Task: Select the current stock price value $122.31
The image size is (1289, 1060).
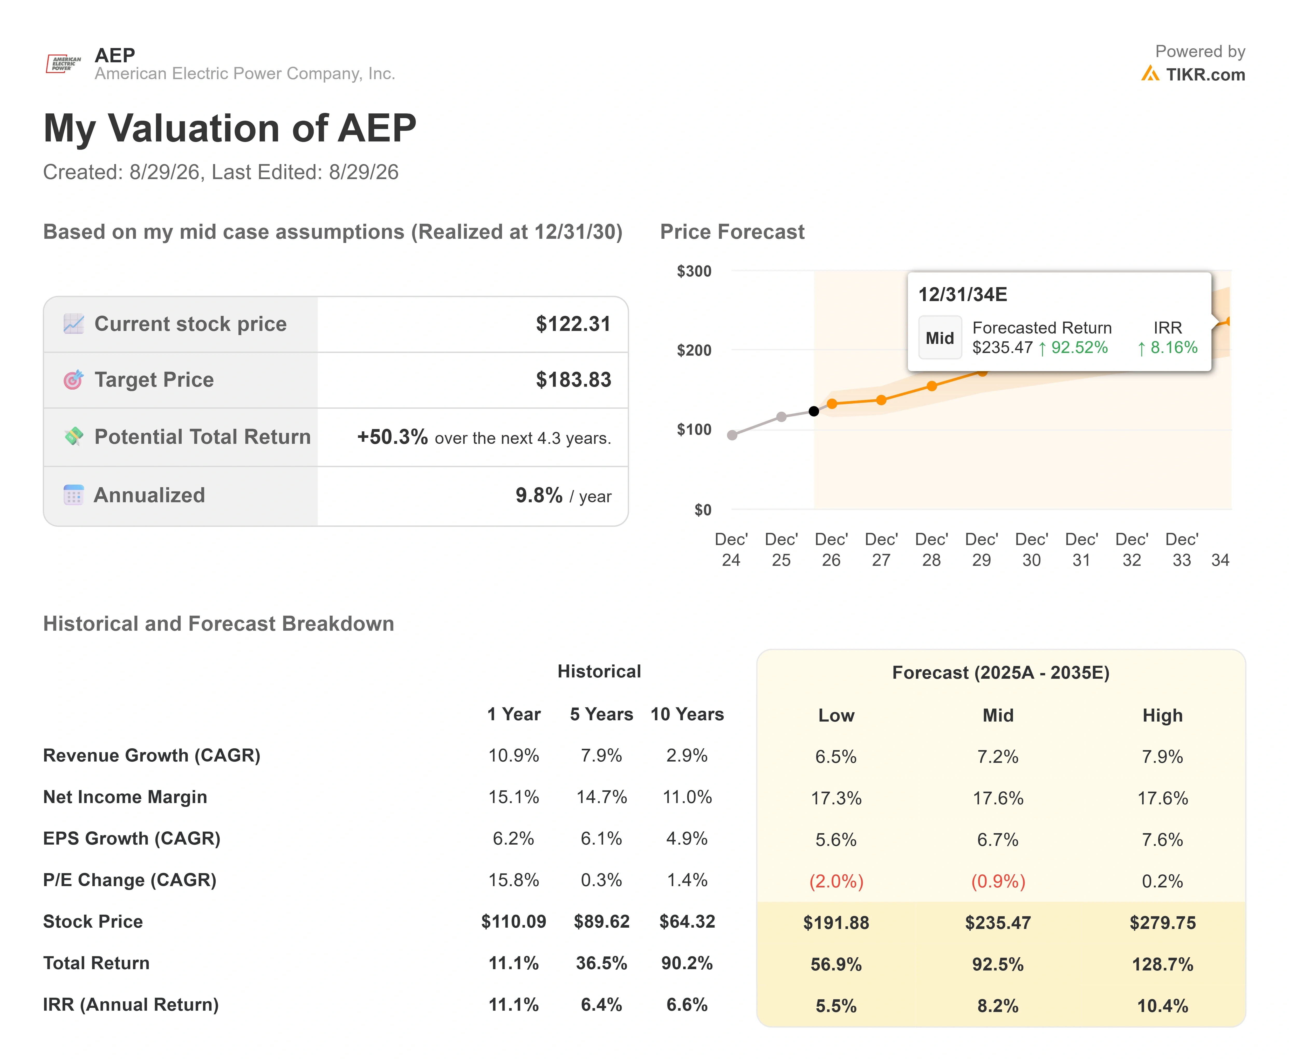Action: click(573, 324)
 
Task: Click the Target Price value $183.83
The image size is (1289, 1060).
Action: click(573, 380)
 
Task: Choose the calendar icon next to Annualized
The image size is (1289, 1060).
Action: click(73, 495)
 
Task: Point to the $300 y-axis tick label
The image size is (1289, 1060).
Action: click(694, 271)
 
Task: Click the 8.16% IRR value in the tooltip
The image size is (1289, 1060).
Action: click(1167, 348)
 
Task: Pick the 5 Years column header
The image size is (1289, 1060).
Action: click(601, 714)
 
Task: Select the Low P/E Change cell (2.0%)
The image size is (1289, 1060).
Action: click(836, 881)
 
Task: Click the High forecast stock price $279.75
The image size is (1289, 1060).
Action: click(1163, 923)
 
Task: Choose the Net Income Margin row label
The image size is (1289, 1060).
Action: click(125, 797)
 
